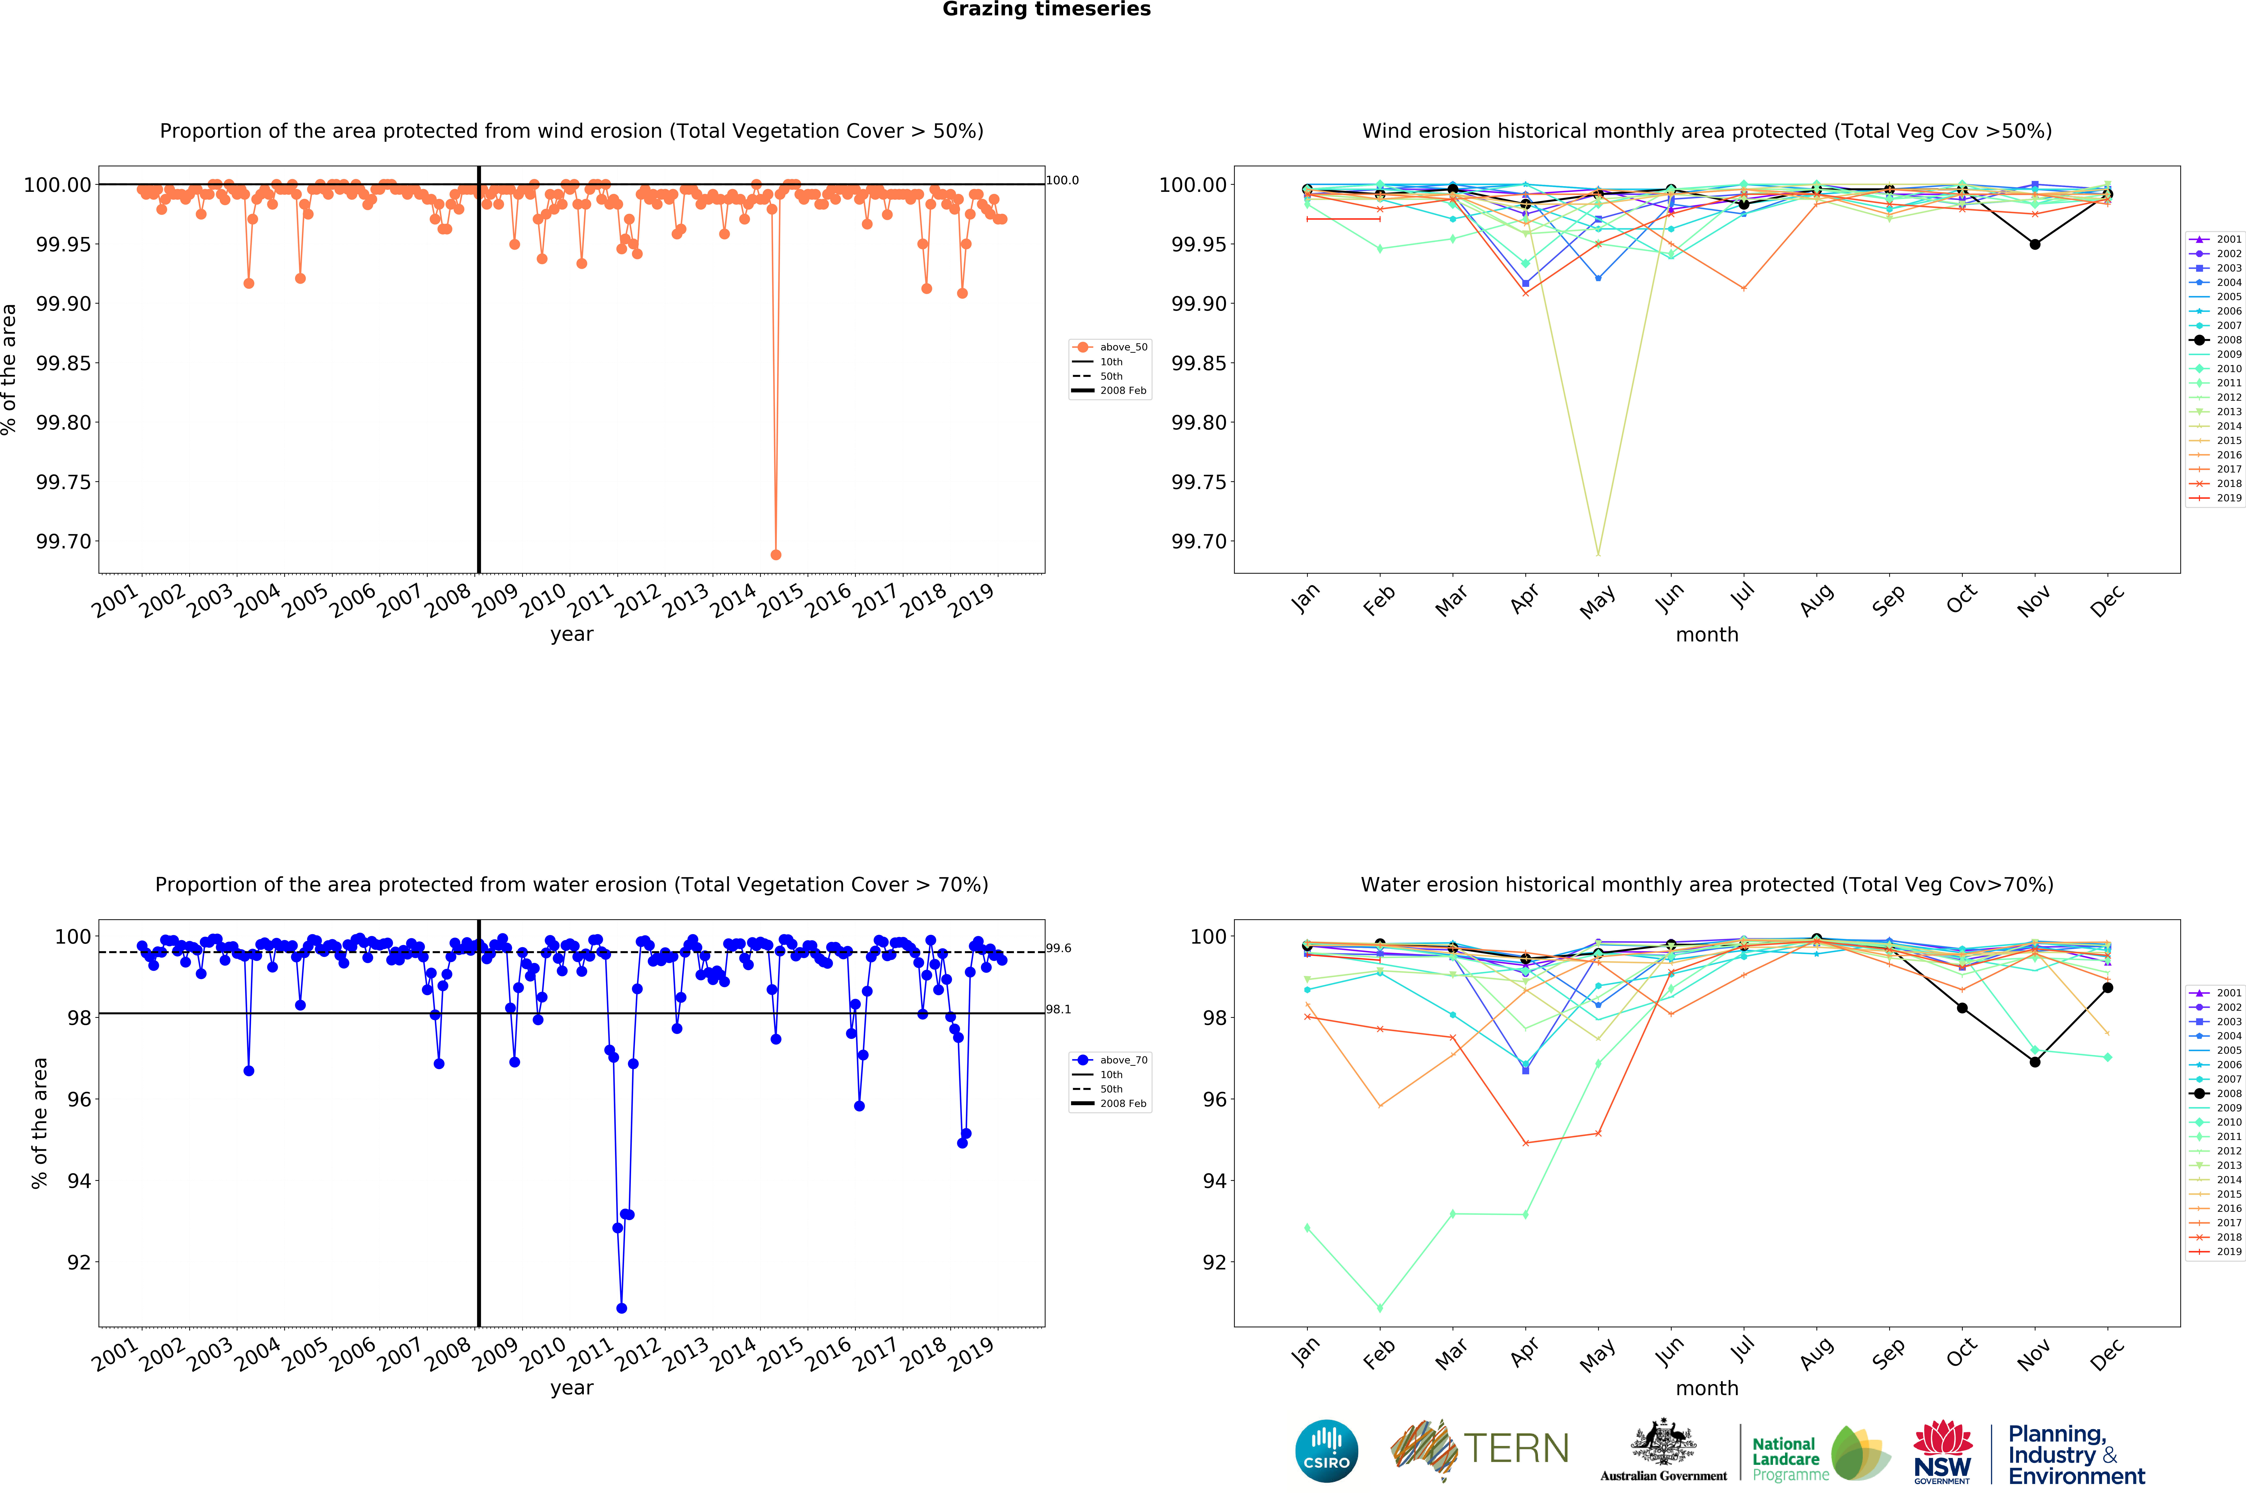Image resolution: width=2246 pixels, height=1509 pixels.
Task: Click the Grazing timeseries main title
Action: pos(1046,10)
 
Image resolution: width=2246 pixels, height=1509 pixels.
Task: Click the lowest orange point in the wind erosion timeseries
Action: pos(776,554)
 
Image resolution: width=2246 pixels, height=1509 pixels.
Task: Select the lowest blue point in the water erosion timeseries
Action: pos(622,1308)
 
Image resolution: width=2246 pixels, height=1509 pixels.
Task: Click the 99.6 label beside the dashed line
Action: pos(1058,948)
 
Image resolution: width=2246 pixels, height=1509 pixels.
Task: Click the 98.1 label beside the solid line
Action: pos(1058,1010)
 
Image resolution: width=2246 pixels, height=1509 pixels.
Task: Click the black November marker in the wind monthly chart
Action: pos(2034,245)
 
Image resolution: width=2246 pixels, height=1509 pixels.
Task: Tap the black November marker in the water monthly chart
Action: pos(2034,1062)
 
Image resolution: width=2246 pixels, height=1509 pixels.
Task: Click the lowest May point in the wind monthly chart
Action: pos(1598,553)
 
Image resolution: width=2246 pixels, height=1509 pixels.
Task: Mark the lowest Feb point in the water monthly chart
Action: pos(1380,1308)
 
